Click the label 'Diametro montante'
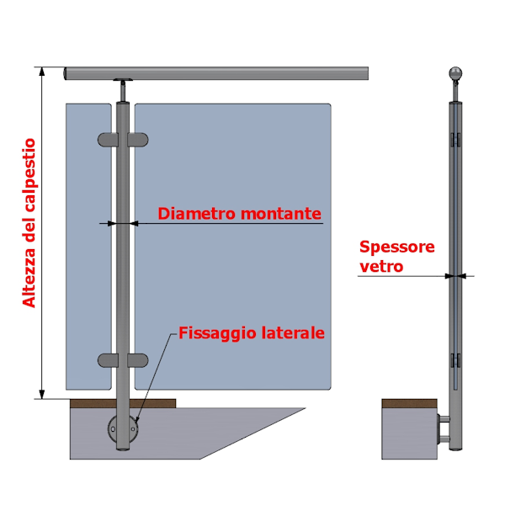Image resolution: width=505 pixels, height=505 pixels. pyautogui.click(x=239, y=214)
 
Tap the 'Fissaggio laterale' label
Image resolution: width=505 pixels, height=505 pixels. pyautogui.click(x=251, y=333)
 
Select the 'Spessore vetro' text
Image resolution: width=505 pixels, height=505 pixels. pyautogui.click(x=396, y=257)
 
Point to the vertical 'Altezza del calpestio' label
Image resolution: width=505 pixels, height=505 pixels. pyautogui.click(x=29, y=223)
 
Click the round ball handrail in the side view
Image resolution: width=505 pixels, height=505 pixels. pyautogui.click(x=455, y=73)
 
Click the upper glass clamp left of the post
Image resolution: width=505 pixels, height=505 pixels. pyautogui.click(x=108, y=140)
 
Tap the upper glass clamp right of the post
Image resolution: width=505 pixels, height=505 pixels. pyautogui.click(x=138, y=140)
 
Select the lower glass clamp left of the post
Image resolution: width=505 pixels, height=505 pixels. pyautogui.click(x=108, y=360)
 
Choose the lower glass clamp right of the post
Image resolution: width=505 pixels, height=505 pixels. pyautogui.click(x=138, y=360)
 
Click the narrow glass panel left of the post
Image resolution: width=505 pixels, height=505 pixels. pyautogui.click(x=88, y=247)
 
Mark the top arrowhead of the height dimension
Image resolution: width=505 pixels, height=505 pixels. pyautogui.click(x=42, y=72)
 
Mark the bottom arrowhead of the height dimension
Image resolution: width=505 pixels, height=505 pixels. pyautogui.click(x=42, y=394)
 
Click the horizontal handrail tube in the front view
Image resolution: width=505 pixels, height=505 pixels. pyautogui.click(x=216, y=73)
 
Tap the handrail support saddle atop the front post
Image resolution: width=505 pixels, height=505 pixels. pyautogui.click(x=123, y=80)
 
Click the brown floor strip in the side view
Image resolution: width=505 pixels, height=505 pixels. pyautogui.click(x=409, y=403)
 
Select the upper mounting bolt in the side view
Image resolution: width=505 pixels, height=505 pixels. pyautogui.click(x=444, y=419)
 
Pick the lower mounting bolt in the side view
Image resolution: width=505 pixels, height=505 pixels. pyautogui.click(x=444, y=439)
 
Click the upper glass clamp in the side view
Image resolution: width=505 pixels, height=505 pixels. pyautogui.click(x=455, y=140)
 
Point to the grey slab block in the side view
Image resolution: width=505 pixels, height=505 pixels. pyautogui.click(x=409, y=433)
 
